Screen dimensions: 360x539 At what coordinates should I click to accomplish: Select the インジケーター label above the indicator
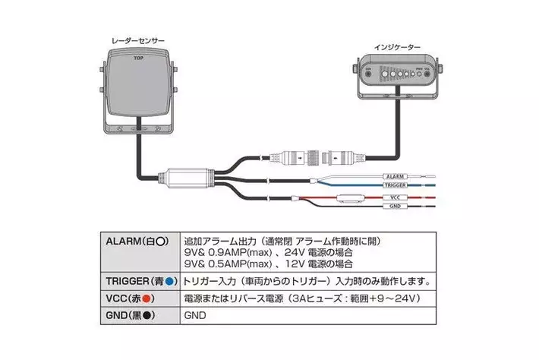pos(397,46)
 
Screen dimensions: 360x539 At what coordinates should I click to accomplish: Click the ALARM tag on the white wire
pos(393,175)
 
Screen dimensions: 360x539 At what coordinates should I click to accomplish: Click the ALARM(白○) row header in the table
pos(137,241)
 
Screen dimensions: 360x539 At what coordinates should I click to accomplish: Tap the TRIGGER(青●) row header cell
pos(137,279)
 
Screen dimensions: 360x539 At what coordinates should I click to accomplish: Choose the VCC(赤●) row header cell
pos(137,297)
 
